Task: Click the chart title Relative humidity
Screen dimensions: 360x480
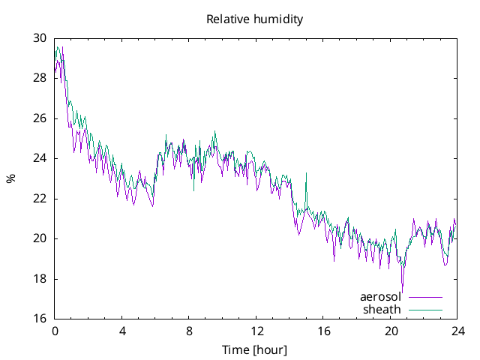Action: (x=254, y=19)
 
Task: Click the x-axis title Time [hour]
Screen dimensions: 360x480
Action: (x=254, y=350)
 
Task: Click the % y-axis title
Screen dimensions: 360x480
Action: (x=10, y=178)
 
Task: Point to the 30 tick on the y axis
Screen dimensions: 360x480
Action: (x=40, y=38)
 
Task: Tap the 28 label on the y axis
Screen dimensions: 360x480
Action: (x=40, y=78)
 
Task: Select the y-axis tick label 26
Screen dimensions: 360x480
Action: (x=40, y=118)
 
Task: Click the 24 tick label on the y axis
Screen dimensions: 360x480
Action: (x=40, y=158)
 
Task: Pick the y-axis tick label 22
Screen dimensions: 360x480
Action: (x=40, y=199)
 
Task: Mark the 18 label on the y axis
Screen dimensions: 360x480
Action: (x=40, y=279)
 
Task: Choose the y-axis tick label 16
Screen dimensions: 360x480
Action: (x=40, y=319)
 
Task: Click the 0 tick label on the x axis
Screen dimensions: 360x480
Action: (x=55, y=331)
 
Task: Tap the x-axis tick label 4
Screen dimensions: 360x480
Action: (x=122, y=331)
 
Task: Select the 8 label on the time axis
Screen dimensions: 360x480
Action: (x=189, y=331)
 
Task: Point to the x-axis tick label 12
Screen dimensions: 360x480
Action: (x=256, y=331)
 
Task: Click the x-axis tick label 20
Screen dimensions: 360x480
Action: (x=391, y=331)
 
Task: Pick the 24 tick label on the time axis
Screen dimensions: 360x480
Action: (x=457, y=331)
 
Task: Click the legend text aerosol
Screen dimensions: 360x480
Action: (x=380, y=297)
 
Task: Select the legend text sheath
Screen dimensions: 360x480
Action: (x=382, y=309)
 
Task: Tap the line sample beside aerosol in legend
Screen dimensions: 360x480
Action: (x=425, y=297)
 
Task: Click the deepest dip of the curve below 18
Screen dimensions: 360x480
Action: (x=403, y=292)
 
